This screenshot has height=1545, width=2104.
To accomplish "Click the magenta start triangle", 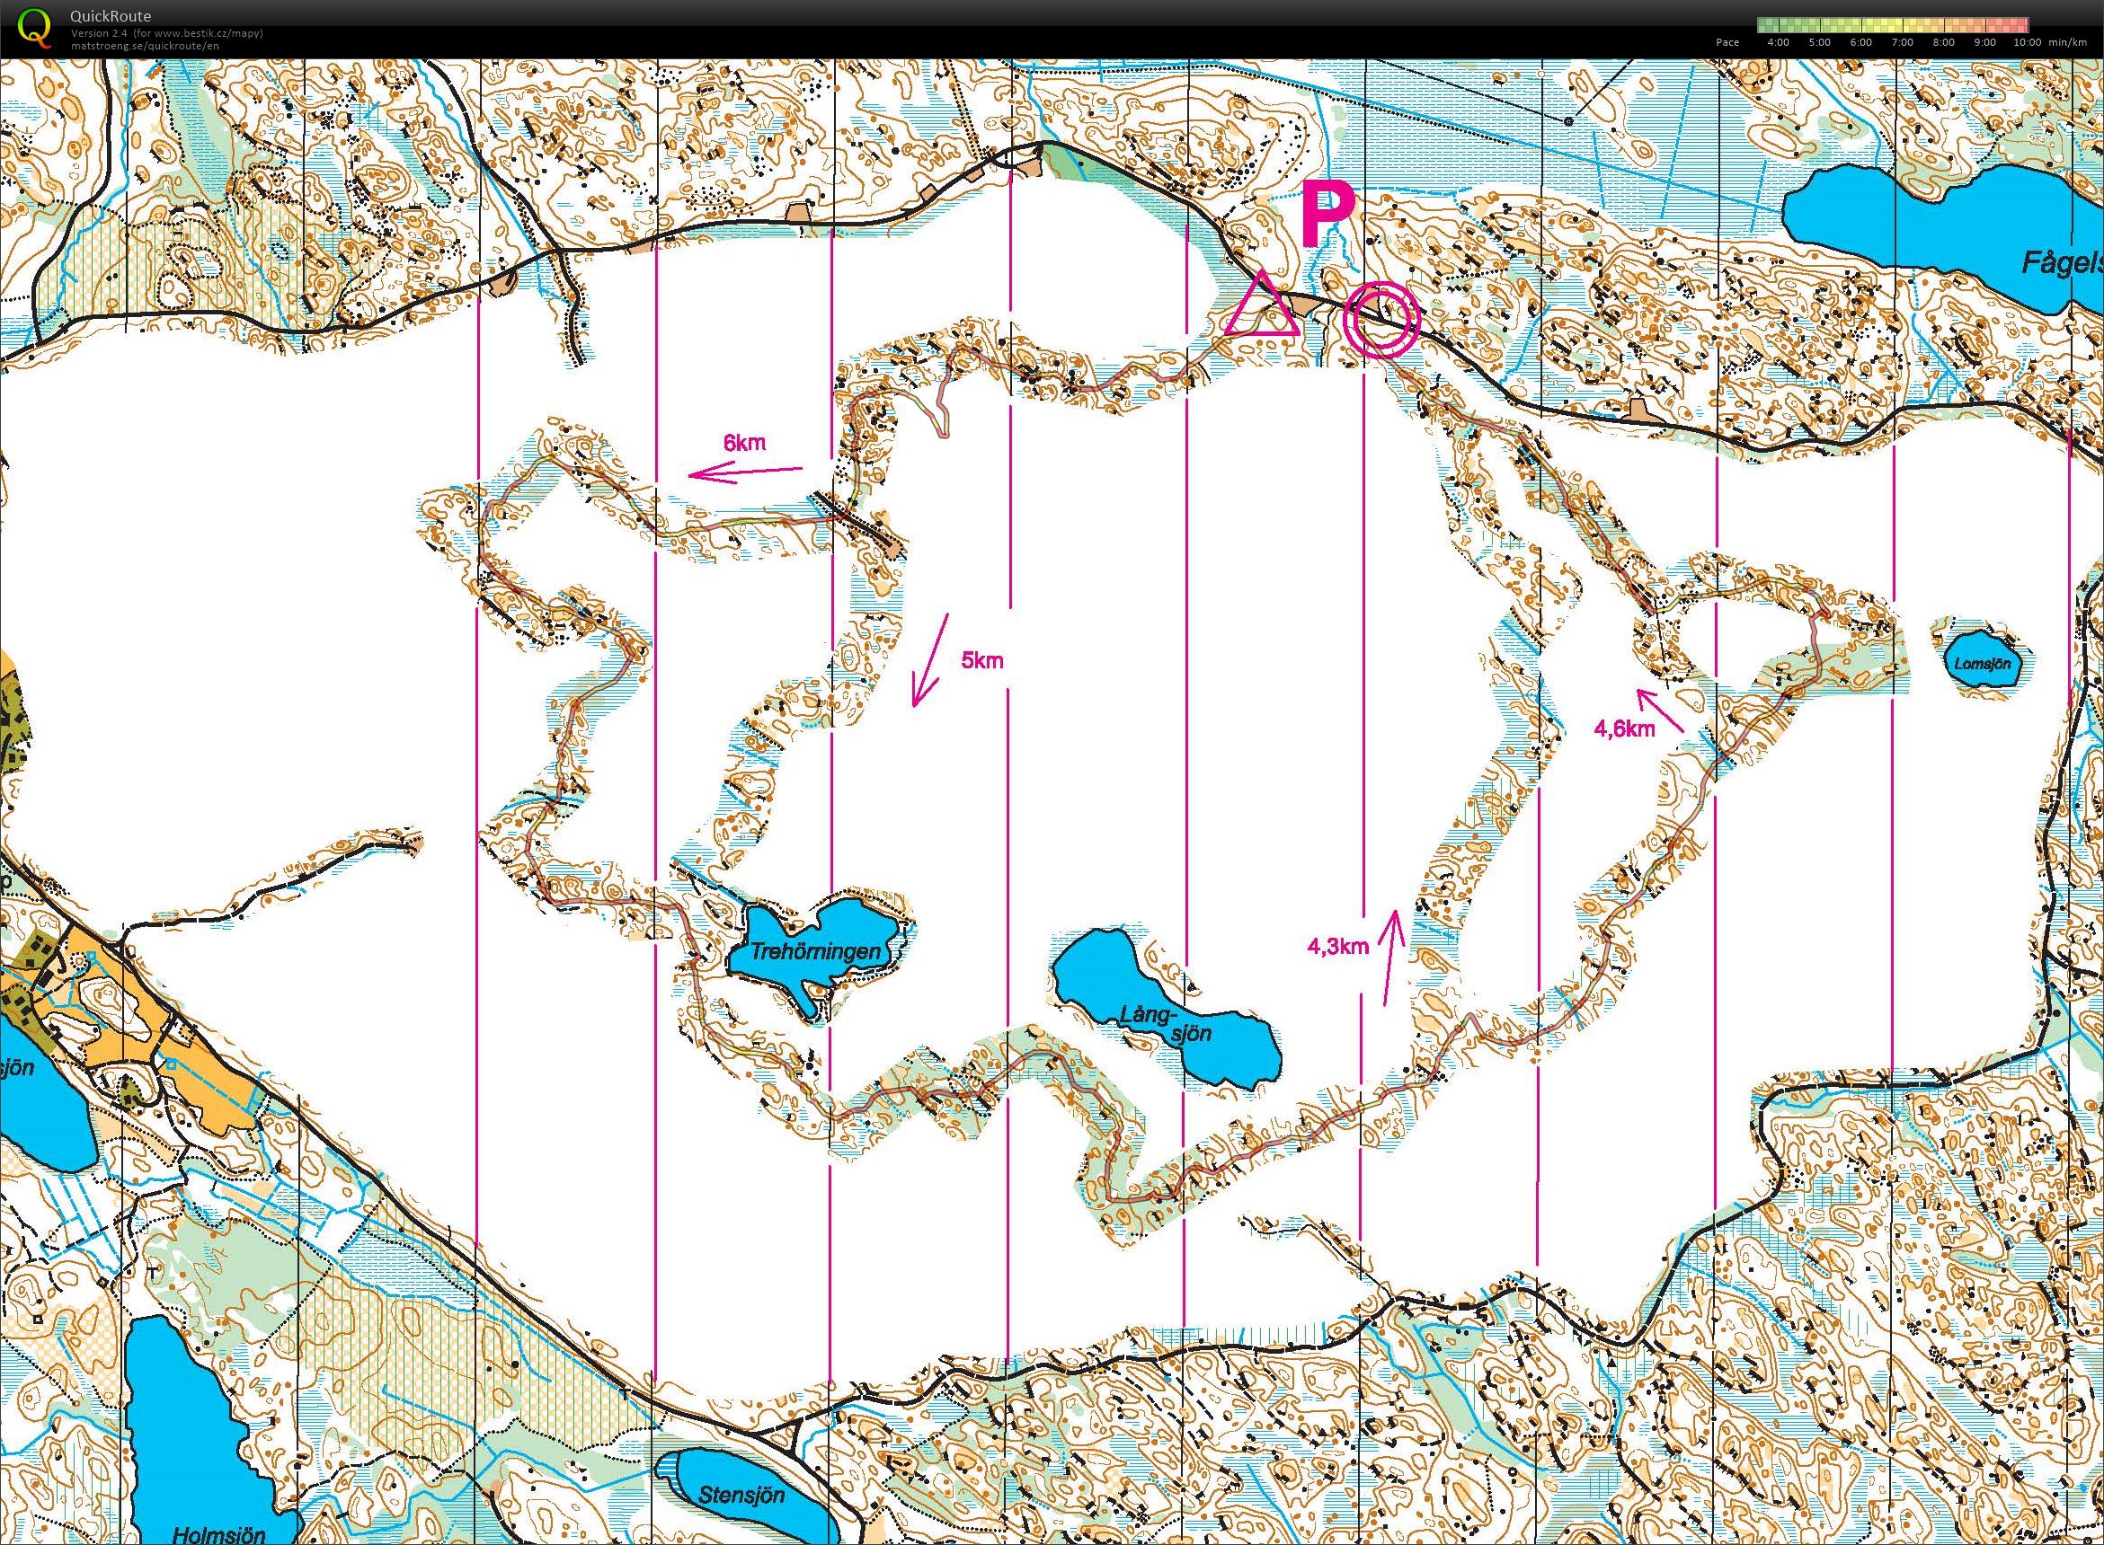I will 1260,307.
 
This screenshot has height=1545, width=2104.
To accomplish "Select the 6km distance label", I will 745,444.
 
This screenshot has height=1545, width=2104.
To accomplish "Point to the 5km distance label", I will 982,660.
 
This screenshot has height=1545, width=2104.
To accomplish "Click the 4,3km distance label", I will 1337,947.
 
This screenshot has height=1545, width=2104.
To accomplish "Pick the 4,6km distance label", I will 1625,728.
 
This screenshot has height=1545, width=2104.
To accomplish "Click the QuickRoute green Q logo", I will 36,25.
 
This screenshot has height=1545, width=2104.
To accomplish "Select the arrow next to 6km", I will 746,473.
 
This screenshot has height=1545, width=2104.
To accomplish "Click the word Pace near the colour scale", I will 1727,42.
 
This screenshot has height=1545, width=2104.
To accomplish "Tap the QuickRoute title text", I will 111,16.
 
